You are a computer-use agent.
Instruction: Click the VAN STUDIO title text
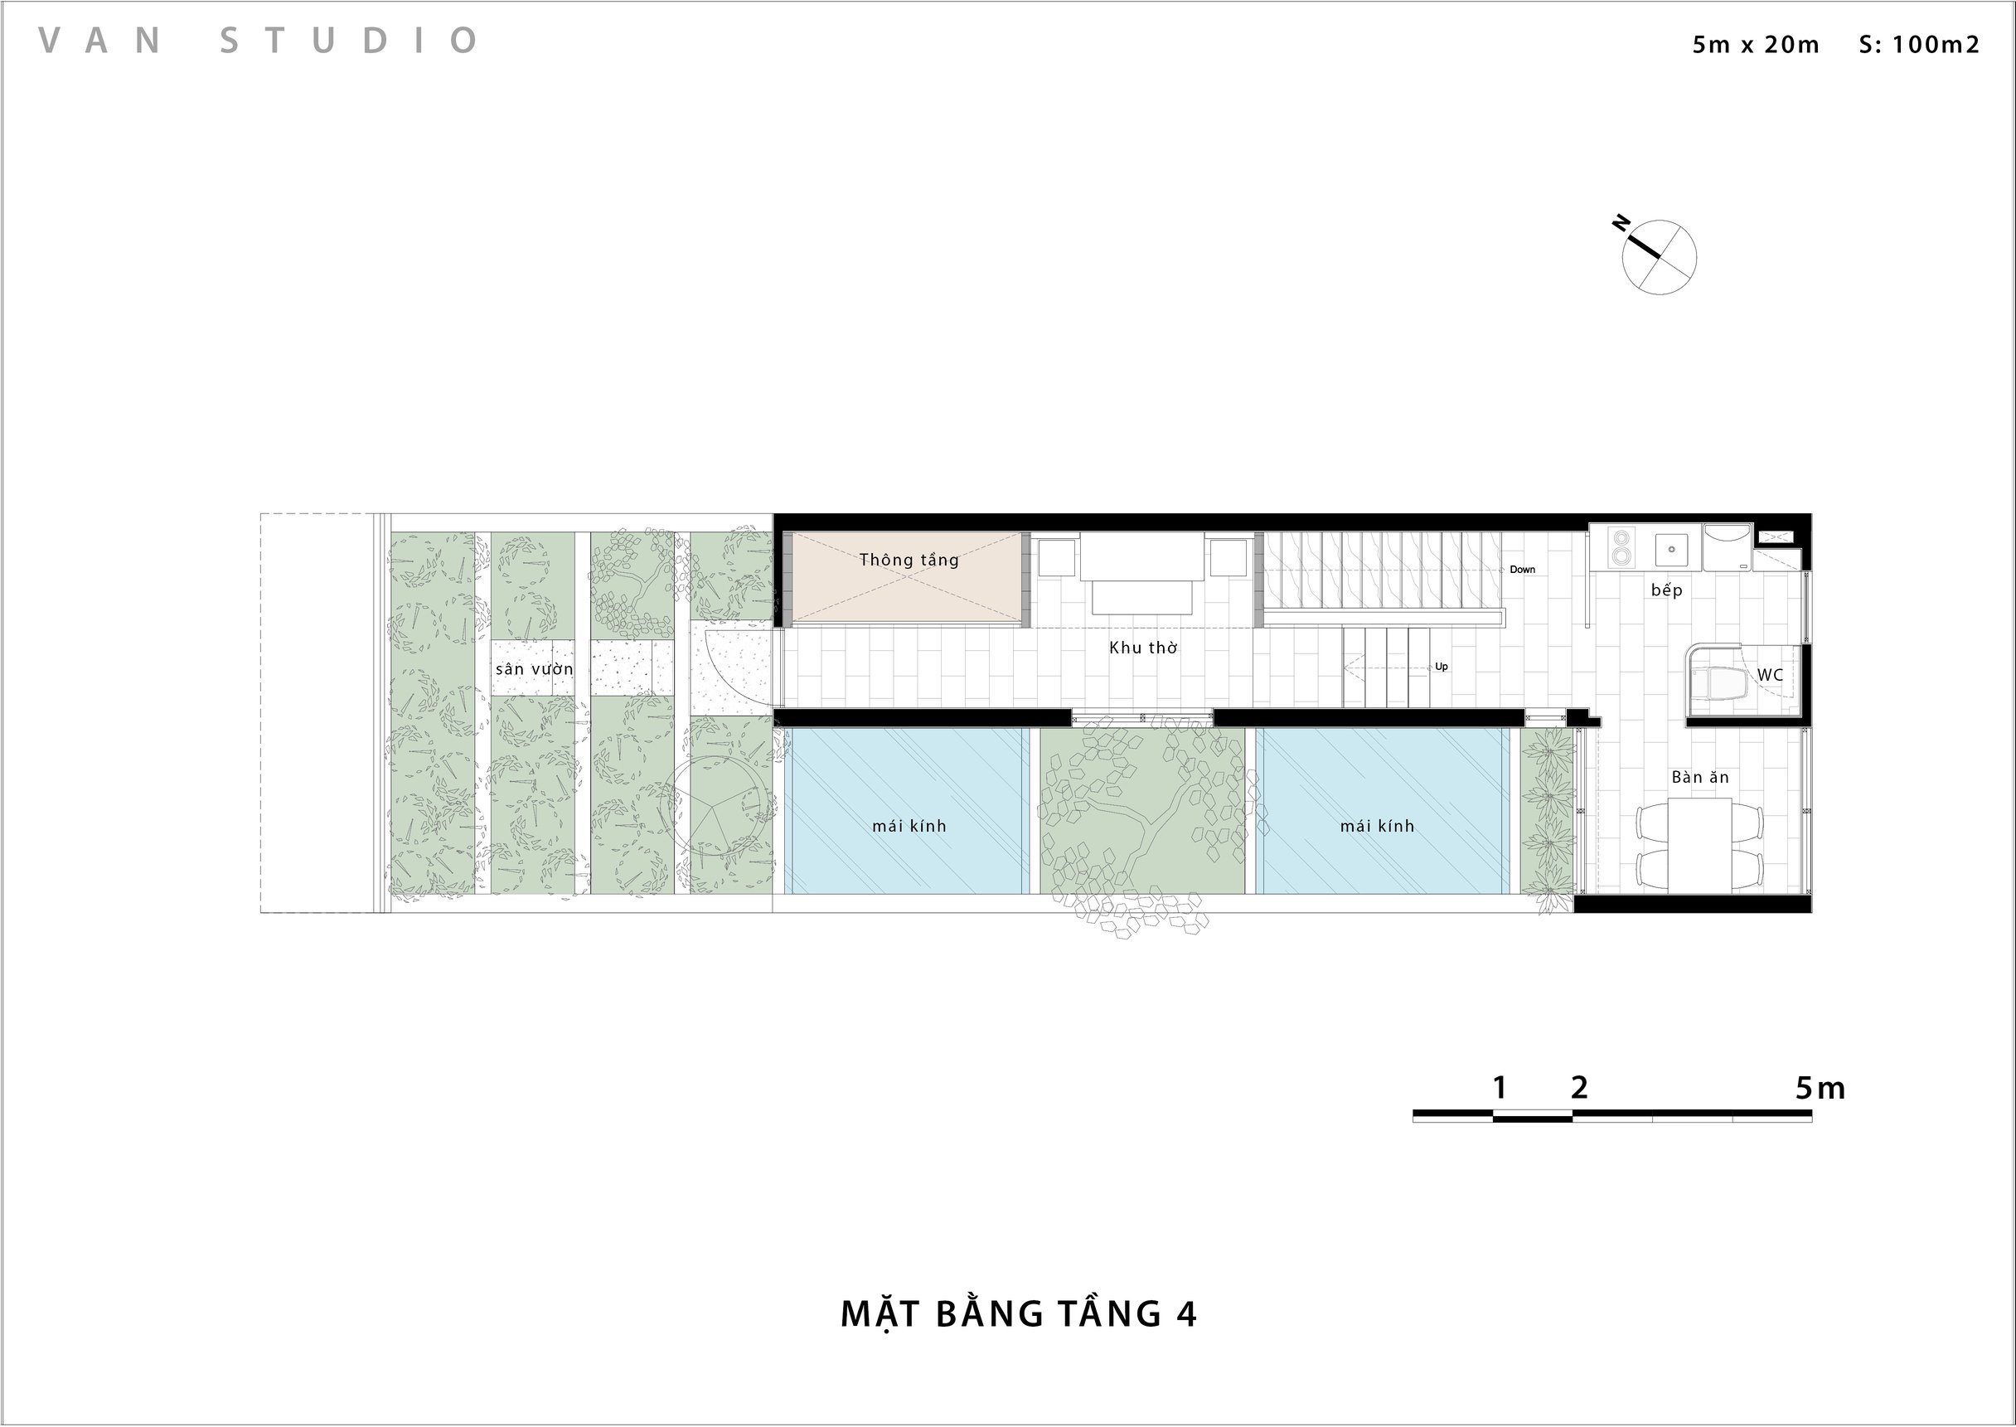tap(259, 41)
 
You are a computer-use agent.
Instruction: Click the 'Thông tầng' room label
tap(909, 560)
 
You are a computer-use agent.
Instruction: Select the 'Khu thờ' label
tap(1143, 648)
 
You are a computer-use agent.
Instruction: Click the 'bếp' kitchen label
tap(1666, 590)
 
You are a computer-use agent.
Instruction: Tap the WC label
tap(1770, 675)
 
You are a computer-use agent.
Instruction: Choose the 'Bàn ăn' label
tap(1701, 777)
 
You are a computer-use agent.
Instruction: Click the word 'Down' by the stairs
tap(1522, 570)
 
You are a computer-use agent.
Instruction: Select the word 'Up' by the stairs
tap(1442, 666)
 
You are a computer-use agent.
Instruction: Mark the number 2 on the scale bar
tap(1579, 1088)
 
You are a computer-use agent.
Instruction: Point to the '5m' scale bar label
tap(1820, 1089)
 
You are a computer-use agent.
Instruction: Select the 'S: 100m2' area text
tap(1919, 45)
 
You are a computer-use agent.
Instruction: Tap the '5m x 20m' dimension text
tap(1756, 45)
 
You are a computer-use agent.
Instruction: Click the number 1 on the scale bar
tap(1500, 1088)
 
